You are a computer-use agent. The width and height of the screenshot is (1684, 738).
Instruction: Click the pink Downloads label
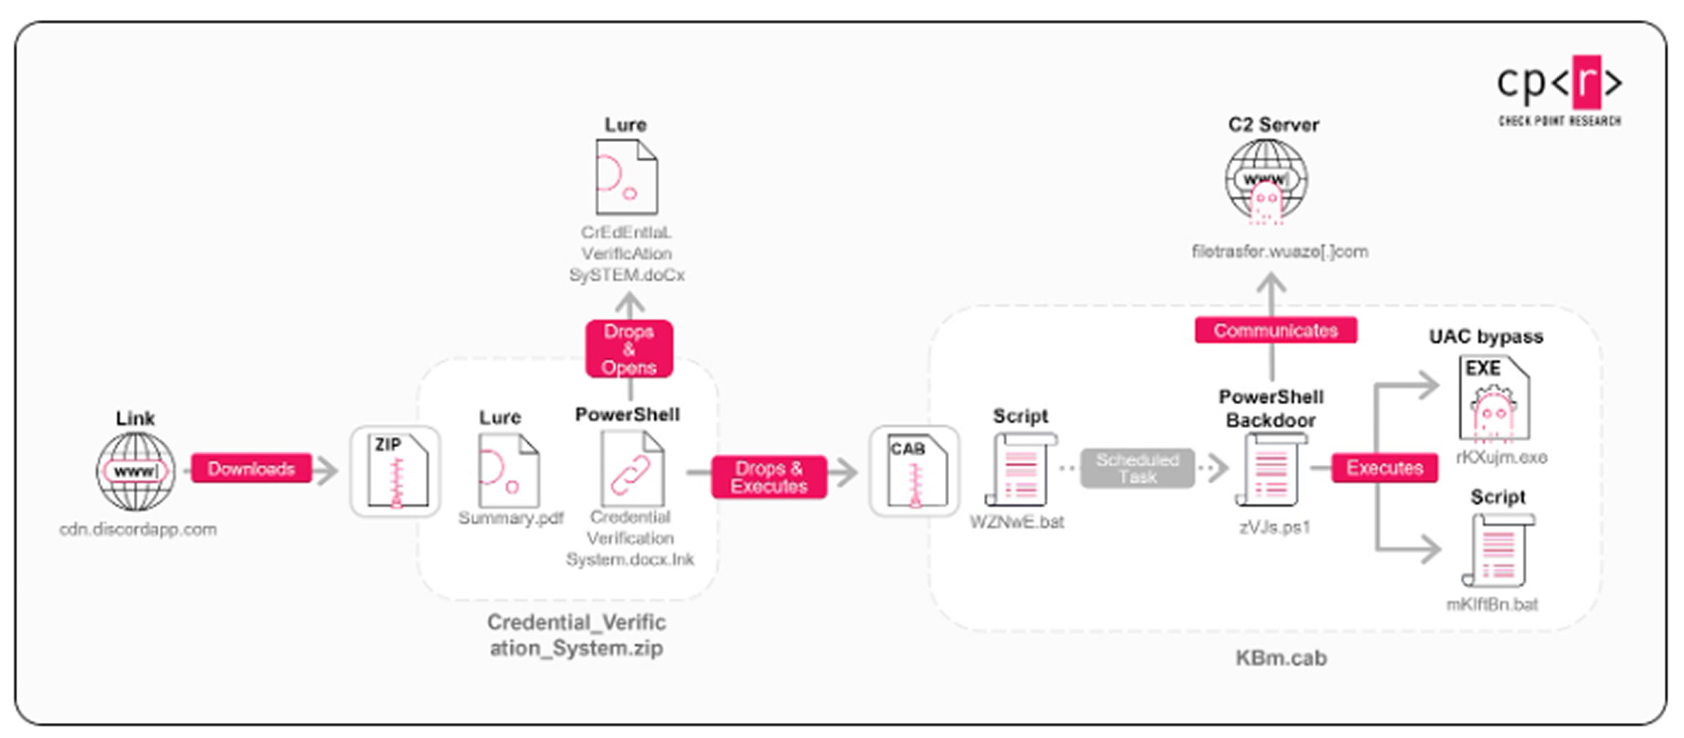click(x=251, y=468)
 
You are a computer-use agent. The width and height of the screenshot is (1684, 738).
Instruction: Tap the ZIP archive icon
click(x=397, y=471)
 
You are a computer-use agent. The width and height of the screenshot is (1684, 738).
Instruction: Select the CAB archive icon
click(x=915, y=471)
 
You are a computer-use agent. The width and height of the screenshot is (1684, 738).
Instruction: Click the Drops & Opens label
click(x=629, y=349)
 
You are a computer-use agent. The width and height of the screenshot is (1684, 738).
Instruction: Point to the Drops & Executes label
click(x=769, y=477)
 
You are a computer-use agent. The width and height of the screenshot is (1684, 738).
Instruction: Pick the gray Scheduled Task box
click(x=1137, y=468)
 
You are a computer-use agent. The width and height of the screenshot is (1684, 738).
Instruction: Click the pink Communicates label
click(x=1275, y=331)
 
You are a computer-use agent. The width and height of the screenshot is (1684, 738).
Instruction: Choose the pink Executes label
click(x=1384, y=468)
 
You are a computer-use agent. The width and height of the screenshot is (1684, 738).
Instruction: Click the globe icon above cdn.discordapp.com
click(x=136, y=471)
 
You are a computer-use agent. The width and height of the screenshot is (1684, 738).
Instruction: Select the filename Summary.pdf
click(x=511, y=518)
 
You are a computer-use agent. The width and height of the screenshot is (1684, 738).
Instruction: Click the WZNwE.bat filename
click(x=1016, y=522)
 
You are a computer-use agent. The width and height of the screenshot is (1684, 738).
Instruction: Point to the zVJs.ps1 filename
click(x=1274, y=527)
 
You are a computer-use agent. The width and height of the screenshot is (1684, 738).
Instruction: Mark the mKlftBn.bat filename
click(x=1492, y=604)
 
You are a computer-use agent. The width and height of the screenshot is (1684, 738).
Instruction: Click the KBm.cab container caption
click(x=1280, y=658)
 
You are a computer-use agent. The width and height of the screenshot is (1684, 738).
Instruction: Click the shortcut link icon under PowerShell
click(x=631, y=471)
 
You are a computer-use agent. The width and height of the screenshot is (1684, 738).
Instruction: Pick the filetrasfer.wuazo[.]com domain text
click(x=1280, y=252)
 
